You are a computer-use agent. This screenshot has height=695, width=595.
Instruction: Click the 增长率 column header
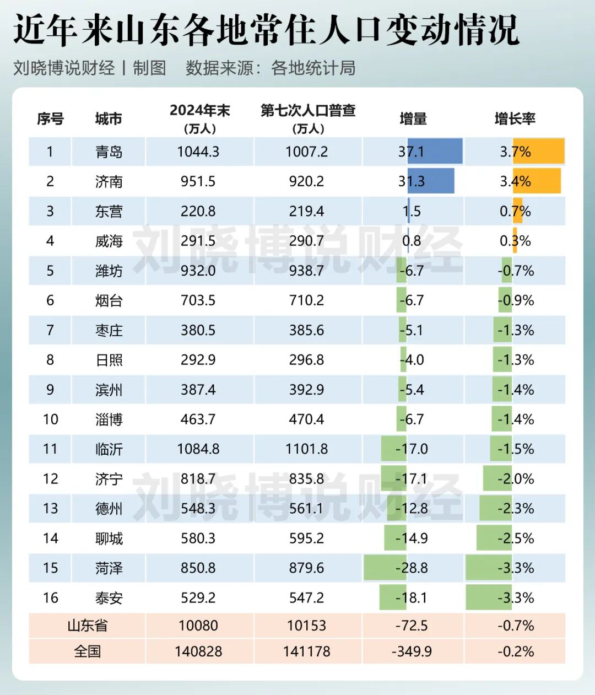[515, 118]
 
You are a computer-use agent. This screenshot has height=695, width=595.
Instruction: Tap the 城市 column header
[109, 118]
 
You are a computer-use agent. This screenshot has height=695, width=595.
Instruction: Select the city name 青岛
[109, 152]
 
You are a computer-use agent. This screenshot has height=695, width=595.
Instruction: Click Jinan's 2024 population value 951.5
[198, 181]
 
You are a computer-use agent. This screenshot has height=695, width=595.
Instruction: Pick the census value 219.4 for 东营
[306, 211]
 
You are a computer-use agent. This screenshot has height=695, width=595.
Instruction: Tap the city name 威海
[109, 241]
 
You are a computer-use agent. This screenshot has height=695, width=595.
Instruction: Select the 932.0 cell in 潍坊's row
[198, 271]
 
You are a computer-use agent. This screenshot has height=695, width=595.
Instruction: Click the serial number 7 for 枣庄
[50, 330]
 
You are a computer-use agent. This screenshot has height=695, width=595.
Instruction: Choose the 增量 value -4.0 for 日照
[412, 360]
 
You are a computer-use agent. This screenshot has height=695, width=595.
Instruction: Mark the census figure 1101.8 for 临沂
[306, 449]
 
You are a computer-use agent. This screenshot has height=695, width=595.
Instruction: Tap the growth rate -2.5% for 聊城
[516, 538]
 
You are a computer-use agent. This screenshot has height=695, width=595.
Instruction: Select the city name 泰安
[109, 598]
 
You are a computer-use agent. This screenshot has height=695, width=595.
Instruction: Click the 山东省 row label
[87, 626]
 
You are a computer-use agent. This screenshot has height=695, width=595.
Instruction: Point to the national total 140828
[198, 651]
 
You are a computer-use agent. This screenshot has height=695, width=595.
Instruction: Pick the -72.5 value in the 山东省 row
[412, 626]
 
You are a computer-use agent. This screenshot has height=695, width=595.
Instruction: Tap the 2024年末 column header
[199, 111]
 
